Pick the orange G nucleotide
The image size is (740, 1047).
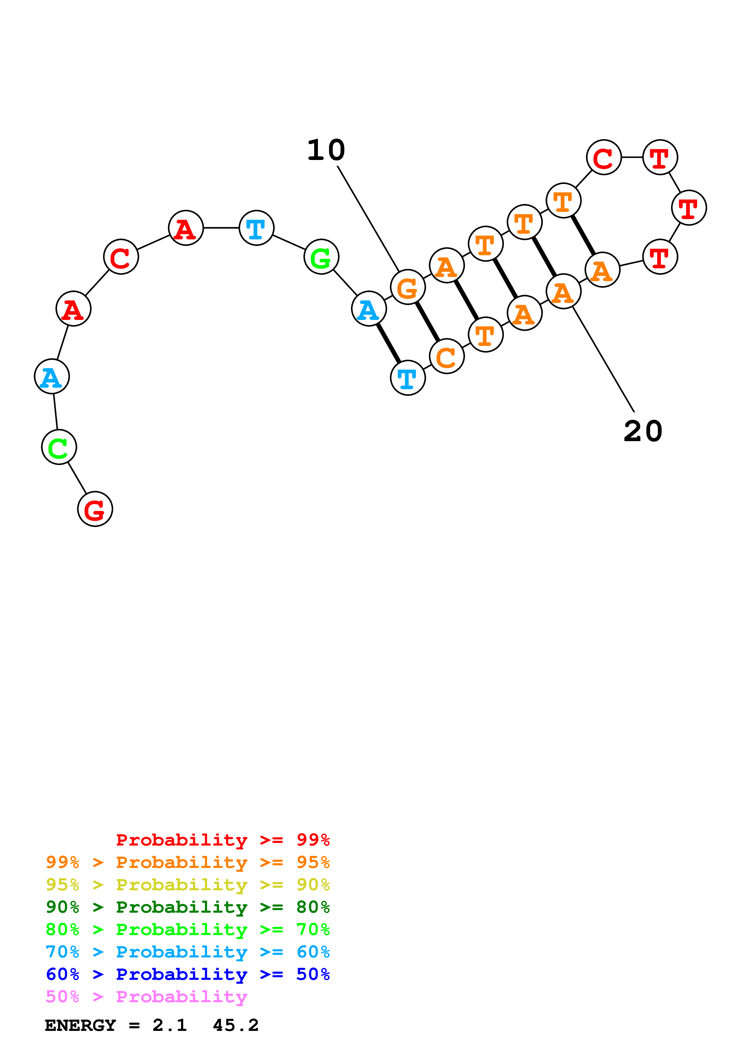(x=408, y=287)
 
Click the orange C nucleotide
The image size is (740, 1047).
(x=447, y=356)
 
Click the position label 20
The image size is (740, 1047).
(x=643, y=431)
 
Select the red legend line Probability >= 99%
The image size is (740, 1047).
(x=223, y=840)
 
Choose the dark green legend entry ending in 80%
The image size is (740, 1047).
(x=188, y=907)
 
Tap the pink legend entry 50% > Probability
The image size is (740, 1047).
(x=146, y=997)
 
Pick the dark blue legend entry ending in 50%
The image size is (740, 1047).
(x=188, y=974)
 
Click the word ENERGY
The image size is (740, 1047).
(x=80, y=1026)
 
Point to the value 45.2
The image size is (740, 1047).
(x=236, y=1026)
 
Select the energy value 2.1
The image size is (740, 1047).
(x=170, y=1026)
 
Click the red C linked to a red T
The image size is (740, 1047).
(x=604, y=157)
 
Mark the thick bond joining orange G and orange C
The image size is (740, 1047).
(x=427, y=321)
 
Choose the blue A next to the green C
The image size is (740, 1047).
(x=52, y=377)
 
